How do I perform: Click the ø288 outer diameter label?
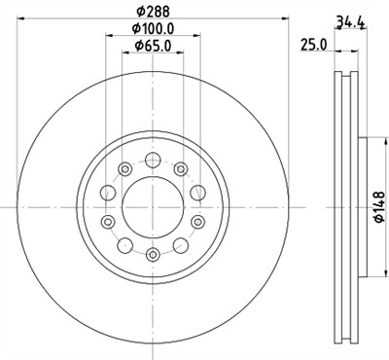(152, 10)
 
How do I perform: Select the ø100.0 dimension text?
(152, 29)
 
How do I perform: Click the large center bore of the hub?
(152, 206)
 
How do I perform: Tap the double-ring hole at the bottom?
(152, 254)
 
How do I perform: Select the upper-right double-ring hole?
(181, 170)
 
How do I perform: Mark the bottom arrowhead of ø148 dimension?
(370, 275)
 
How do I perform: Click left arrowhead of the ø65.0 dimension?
(124, 54)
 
